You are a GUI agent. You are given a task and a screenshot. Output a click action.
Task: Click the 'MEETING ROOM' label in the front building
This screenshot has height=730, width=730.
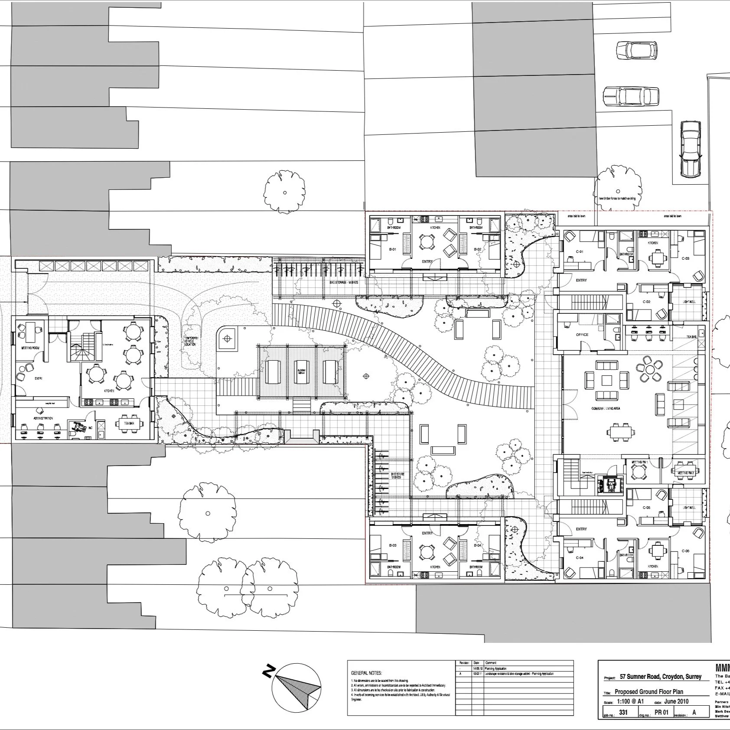[x=30, y=348]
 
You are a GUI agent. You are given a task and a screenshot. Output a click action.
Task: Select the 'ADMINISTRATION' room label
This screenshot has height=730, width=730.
[x=44, y=418]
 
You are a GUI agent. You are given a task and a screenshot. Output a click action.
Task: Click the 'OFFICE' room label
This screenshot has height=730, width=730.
[x=582, y=335]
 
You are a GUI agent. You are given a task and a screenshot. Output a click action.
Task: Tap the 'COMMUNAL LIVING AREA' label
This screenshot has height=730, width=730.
[x=608, y=409]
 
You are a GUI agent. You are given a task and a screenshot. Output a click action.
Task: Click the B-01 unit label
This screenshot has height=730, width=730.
[x=392, y=250]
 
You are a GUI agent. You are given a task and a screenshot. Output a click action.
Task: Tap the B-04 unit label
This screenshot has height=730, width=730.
[x=477, y=545]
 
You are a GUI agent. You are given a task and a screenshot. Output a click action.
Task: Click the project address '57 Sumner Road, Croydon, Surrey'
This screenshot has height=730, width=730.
[x=660, y=677]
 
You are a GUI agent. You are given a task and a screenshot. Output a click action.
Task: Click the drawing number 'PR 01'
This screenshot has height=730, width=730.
[x=662, y=713]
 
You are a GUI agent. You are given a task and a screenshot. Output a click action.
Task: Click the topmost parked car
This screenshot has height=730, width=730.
[x=636, y=50]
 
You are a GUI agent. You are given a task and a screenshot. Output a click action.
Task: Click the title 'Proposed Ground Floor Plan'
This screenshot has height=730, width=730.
[x=649, y=692]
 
